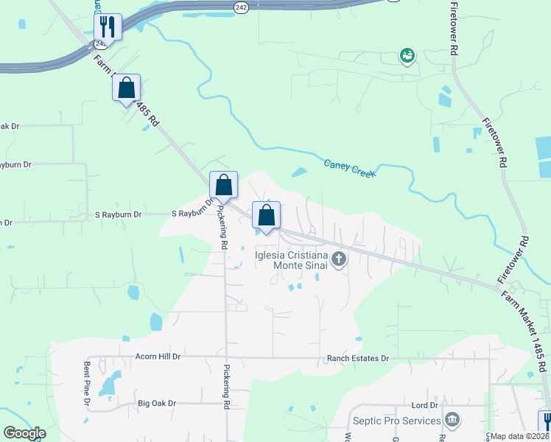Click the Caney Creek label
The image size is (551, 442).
349,168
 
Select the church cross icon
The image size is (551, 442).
339,259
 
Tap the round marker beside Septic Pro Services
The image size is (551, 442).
452,421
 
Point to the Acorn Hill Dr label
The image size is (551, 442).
158,357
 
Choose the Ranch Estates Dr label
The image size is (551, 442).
357,359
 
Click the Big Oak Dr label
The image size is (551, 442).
157,403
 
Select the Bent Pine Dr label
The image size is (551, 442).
87,383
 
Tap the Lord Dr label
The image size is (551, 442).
425,405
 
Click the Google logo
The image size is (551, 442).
24,433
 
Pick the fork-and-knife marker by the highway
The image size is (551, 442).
108,27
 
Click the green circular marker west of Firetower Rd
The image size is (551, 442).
406,55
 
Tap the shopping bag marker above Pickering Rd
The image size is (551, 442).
223,185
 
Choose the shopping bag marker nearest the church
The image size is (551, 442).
266,215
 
